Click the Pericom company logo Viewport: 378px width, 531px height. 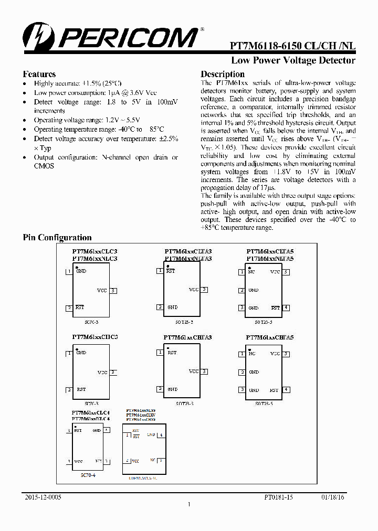[110, 37]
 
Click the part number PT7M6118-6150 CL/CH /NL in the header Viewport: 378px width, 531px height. [292, 46]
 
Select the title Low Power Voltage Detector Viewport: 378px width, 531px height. [293, 60]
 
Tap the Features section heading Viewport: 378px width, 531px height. [39, 74]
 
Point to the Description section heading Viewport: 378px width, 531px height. [223, 74]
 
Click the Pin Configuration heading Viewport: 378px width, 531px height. [57, 238]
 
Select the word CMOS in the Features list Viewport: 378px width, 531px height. [44, 166]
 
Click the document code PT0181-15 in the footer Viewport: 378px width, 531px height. [278, 497]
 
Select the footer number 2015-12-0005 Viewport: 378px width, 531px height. [43, 497]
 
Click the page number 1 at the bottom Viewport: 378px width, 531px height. [189, 505]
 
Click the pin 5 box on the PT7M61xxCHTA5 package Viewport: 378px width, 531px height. [286, 354]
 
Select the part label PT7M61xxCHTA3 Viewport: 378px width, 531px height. [187, 337]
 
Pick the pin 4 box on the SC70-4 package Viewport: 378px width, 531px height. [107, 430]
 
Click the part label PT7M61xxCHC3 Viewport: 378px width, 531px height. [94, 337]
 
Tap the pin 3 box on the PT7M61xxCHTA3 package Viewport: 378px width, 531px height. [204, 371]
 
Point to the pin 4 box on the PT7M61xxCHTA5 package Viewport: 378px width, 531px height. [286, 390]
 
